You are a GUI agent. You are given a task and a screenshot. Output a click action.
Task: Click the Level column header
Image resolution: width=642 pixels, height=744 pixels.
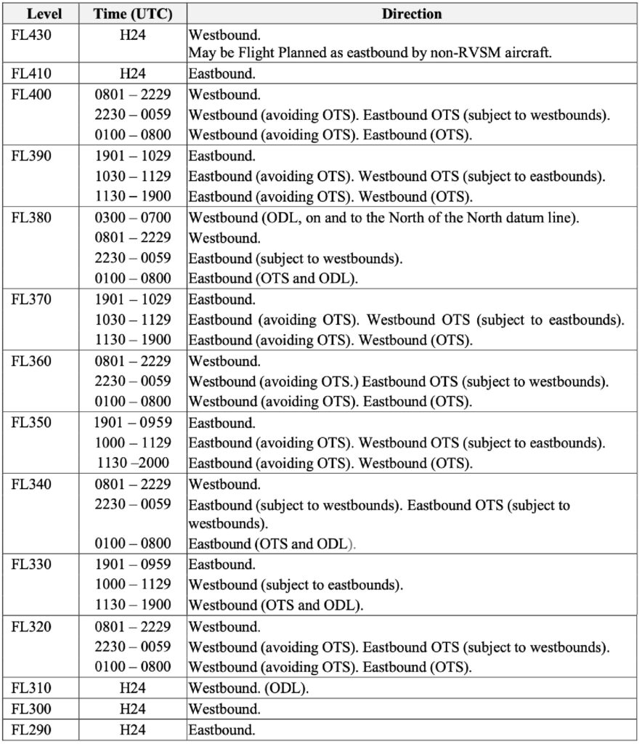44,14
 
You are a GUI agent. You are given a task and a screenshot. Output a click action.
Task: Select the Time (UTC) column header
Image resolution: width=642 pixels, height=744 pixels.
133,14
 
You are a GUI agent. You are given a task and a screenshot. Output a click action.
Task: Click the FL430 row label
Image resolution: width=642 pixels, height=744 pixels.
31,33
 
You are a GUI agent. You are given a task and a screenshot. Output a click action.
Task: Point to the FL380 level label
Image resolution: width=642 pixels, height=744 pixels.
31,217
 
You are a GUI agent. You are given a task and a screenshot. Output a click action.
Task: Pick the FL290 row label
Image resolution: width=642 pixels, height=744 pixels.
31,729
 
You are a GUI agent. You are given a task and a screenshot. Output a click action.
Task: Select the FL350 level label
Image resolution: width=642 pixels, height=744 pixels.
31,423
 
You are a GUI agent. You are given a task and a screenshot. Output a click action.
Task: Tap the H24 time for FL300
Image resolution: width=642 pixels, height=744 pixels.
133,708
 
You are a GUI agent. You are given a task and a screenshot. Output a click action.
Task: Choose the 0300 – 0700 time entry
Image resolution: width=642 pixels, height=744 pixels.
133,217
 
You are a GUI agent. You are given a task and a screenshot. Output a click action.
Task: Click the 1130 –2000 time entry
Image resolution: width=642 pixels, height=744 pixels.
134,463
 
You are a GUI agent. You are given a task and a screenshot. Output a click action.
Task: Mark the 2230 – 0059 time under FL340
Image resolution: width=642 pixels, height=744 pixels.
133,504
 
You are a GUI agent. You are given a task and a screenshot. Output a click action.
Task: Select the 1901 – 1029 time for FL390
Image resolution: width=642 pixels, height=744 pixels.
133,155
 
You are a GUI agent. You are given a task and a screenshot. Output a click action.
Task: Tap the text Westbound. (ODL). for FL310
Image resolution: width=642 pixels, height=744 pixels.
248,688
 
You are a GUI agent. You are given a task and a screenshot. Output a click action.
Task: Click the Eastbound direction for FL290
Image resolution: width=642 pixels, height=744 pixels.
222,729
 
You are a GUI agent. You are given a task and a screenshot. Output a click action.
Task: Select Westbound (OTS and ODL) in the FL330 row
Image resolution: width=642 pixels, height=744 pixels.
276,604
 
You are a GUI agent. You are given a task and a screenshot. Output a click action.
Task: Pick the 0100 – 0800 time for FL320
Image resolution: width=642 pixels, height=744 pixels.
133,667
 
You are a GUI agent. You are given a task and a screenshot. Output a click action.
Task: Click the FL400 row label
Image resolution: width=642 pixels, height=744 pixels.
31,94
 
